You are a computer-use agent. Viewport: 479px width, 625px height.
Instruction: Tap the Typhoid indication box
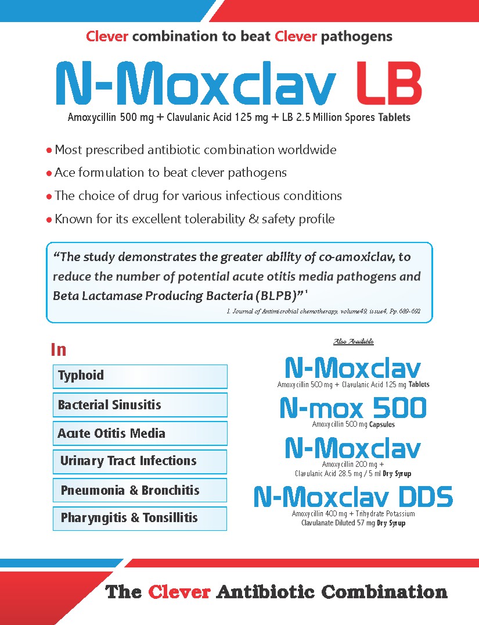140,376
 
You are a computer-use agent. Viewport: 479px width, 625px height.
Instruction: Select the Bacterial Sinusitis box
140,405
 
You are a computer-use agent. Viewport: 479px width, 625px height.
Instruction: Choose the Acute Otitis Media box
140,433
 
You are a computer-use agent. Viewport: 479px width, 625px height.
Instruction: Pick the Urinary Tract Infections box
140,461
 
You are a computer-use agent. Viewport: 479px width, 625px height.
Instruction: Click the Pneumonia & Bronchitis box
140,490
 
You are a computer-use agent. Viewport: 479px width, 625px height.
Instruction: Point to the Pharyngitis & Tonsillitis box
140,518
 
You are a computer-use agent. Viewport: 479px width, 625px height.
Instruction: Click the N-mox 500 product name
353,408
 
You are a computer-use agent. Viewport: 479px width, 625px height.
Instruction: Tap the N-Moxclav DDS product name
353,497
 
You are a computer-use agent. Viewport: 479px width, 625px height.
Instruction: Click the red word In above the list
59,349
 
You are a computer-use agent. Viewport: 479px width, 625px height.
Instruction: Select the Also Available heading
353,341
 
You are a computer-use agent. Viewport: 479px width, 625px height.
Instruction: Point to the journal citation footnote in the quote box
322,312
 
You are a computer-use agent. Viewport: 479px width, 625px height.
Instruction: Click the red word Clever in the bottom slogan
179,592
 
